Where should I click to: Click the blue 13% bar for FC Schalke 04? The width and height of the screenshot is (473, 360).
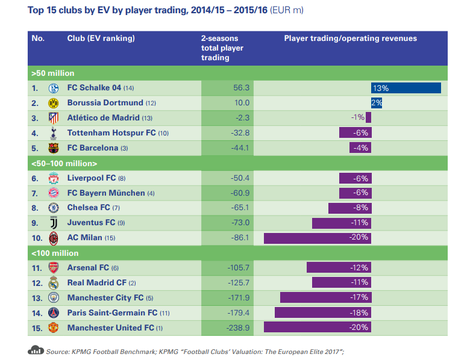click(406, 88)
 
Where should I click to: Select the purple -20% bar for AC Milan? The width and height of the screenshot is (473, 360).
click(318, 238)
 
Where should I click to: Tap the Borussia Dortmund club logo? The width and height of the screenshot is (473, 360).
click(54, 103)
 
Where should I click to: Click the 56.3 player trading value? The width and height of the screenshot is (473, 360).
click(242, 88)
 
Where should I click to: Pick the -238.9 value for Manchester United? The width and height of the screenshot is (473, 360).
click(238, 327)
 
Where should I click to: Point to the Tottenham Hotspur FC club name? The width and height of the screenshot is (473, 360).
click(111, 132)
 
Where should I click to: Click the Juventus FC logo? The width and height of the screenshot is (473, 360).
click(54, 223)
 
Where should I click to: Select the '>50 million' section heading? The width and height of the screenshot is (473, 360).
click(53, 73)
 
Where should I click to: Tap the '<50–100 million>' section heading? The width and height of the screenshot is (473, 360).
click(64, 163)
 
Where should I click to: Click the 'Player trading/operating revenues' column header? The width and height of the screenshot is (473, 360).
click(351, 39)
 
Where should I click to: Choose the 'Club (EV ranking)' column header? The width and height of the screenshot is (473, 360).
click(101, 39)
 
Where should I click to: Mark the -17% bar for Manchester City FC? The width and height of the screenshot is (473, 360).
click(326, 297)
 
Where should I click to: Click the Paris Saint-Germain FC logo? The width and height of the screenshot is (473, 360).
click(54, 312)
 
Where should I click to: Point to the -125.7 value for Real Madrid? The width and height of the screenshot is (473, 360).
click(239, 283)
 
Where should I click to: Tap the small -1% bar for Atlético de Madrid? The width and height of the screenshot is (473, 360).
click(368, 117)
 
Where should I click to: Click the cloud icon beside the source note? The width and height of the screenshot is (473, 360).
click(36, 350)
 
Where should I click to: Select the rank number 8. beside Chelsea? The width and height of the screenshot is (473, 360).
click(35, 208)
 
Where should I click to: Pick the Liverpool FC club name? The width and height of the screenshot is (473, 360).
click(92, 178)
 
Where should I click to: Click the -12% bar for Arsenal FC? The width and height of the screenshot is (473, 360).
click(339, 267)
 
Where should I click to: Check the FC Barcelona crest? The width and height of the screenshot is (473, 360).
click(54, 148)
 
